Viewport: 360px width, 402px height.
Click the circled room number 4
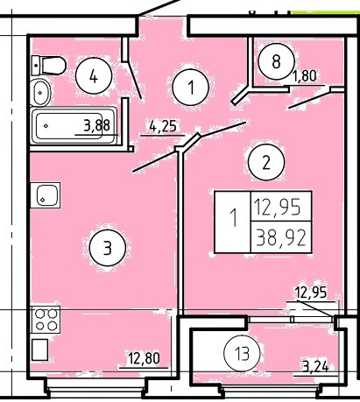[x=94, y=75]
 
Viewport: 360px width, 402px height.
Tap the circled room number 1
[x=190, y=87]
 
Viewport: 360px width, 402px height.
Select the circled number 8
[x=276, y=61]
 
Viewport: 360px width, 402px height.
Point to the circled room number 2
[x=266, y=162]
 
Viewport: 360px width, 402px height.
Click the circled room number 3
[x=108, y=248]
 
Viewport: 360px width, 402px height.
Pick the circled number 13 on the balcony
[x=242, y=353]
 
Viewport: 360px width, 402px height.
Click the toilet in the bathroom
[x=49, y=66]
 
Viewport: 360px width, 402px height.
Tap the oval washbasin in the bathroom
[x=40, y=93]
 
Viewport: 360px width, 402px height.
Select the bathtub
[x=74, y=125]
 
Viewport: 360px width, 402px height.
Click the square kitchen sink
[x=46, y=195]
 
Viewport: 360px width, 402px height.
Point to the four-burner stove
[x=46, y=320]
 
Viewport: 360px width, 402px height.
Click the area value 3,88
[x=97, y=125]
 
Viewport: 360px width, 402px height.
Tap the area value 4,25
[x=163, y=126]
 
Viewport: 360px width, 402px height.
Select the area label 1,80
[x=304, y=76]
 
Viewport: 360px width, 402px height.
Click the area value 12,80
[x=144, y=358]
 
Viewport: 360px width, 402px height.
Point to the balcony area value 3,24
[x=315, y=366]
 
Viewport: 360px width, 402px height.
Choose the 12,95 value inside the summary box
[x=277, y=207]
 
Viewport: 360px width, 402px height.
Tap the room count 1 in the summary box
[x=233, y=217]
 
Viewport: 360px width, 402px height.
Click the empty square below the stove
[x=39, y=349]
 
